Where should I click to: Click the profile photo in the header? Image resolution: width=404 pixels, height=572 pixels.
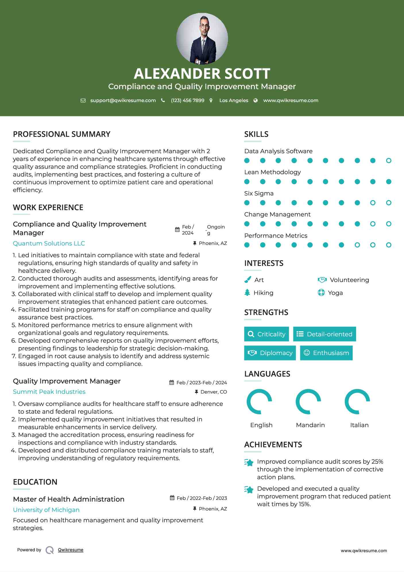pyautogui.click(x=202, y=39)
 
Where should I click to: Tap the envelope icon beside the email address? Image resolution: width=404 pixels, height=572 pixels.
pyautogui.click(x=83, y=101)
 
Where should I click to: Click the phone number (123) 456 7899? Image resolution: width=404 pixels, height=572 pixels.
pyautogui.click(x=187, y=101)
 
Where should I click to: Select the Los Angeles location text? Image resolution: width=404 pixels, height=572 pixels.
pyautogui.click(x=233, y=101)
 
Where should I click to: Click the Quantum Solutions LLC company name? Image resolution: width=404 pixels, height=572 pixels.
pyautogui.click(x=49, y=243)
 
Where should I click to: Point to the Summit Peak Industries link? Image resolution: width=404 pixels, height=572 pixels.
pyautogui.click(x=49, y=392)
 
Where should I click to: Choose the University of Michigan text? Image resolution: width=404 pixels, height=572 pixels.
pyautogui.click(x=46, y=510)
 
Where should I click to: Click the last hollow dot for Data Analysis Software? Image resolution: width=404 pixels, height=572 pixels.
pyautogui.click(x=388, y=161)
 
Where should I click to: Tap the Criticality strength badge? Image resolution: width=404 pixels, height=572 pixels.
pyautogui.click(x=266, y=334)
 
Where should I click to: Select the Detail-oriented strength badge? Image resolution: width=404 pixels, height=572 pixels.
pyautogui.click(x=324, y=334)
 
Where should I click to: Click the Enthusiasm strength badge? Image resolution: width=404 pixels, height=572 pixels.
pyautogui.click(x=326, y=353)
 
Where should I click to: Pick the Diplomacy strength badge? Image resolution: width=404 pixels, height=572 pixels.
pyautogui.click(x=270, y=353)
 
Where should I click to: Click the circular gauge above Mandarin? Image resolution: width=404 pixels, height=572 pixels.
pyautogui.click(x=308, y=402)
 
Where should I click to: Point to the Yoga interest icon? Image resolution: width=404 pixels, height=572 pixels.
pyautogui.click(x=321, y=293)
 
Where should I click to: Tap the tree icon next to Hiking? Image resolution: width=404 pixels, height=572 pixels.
pyautogui.click(x=247, y=293)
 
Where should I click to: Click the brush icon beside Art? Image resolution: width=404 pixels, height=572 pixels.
pyautogui.click(x=248, y=280)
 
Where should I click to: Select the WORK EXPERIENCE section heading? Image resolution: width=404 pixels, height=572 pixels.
pyautogui.click(x=48, y=208)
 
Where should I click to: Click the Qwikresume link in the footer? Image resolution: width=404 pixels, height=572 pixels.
pyautogui.click(x=71, y=550)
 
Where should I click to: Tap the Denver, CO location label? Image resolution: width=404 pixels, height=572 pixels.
pyautogui.click(x=214, y=392)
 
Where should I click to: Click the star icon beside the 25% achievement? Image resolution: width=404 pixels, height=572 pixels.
pyautogui.click(x=249, y=462)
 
